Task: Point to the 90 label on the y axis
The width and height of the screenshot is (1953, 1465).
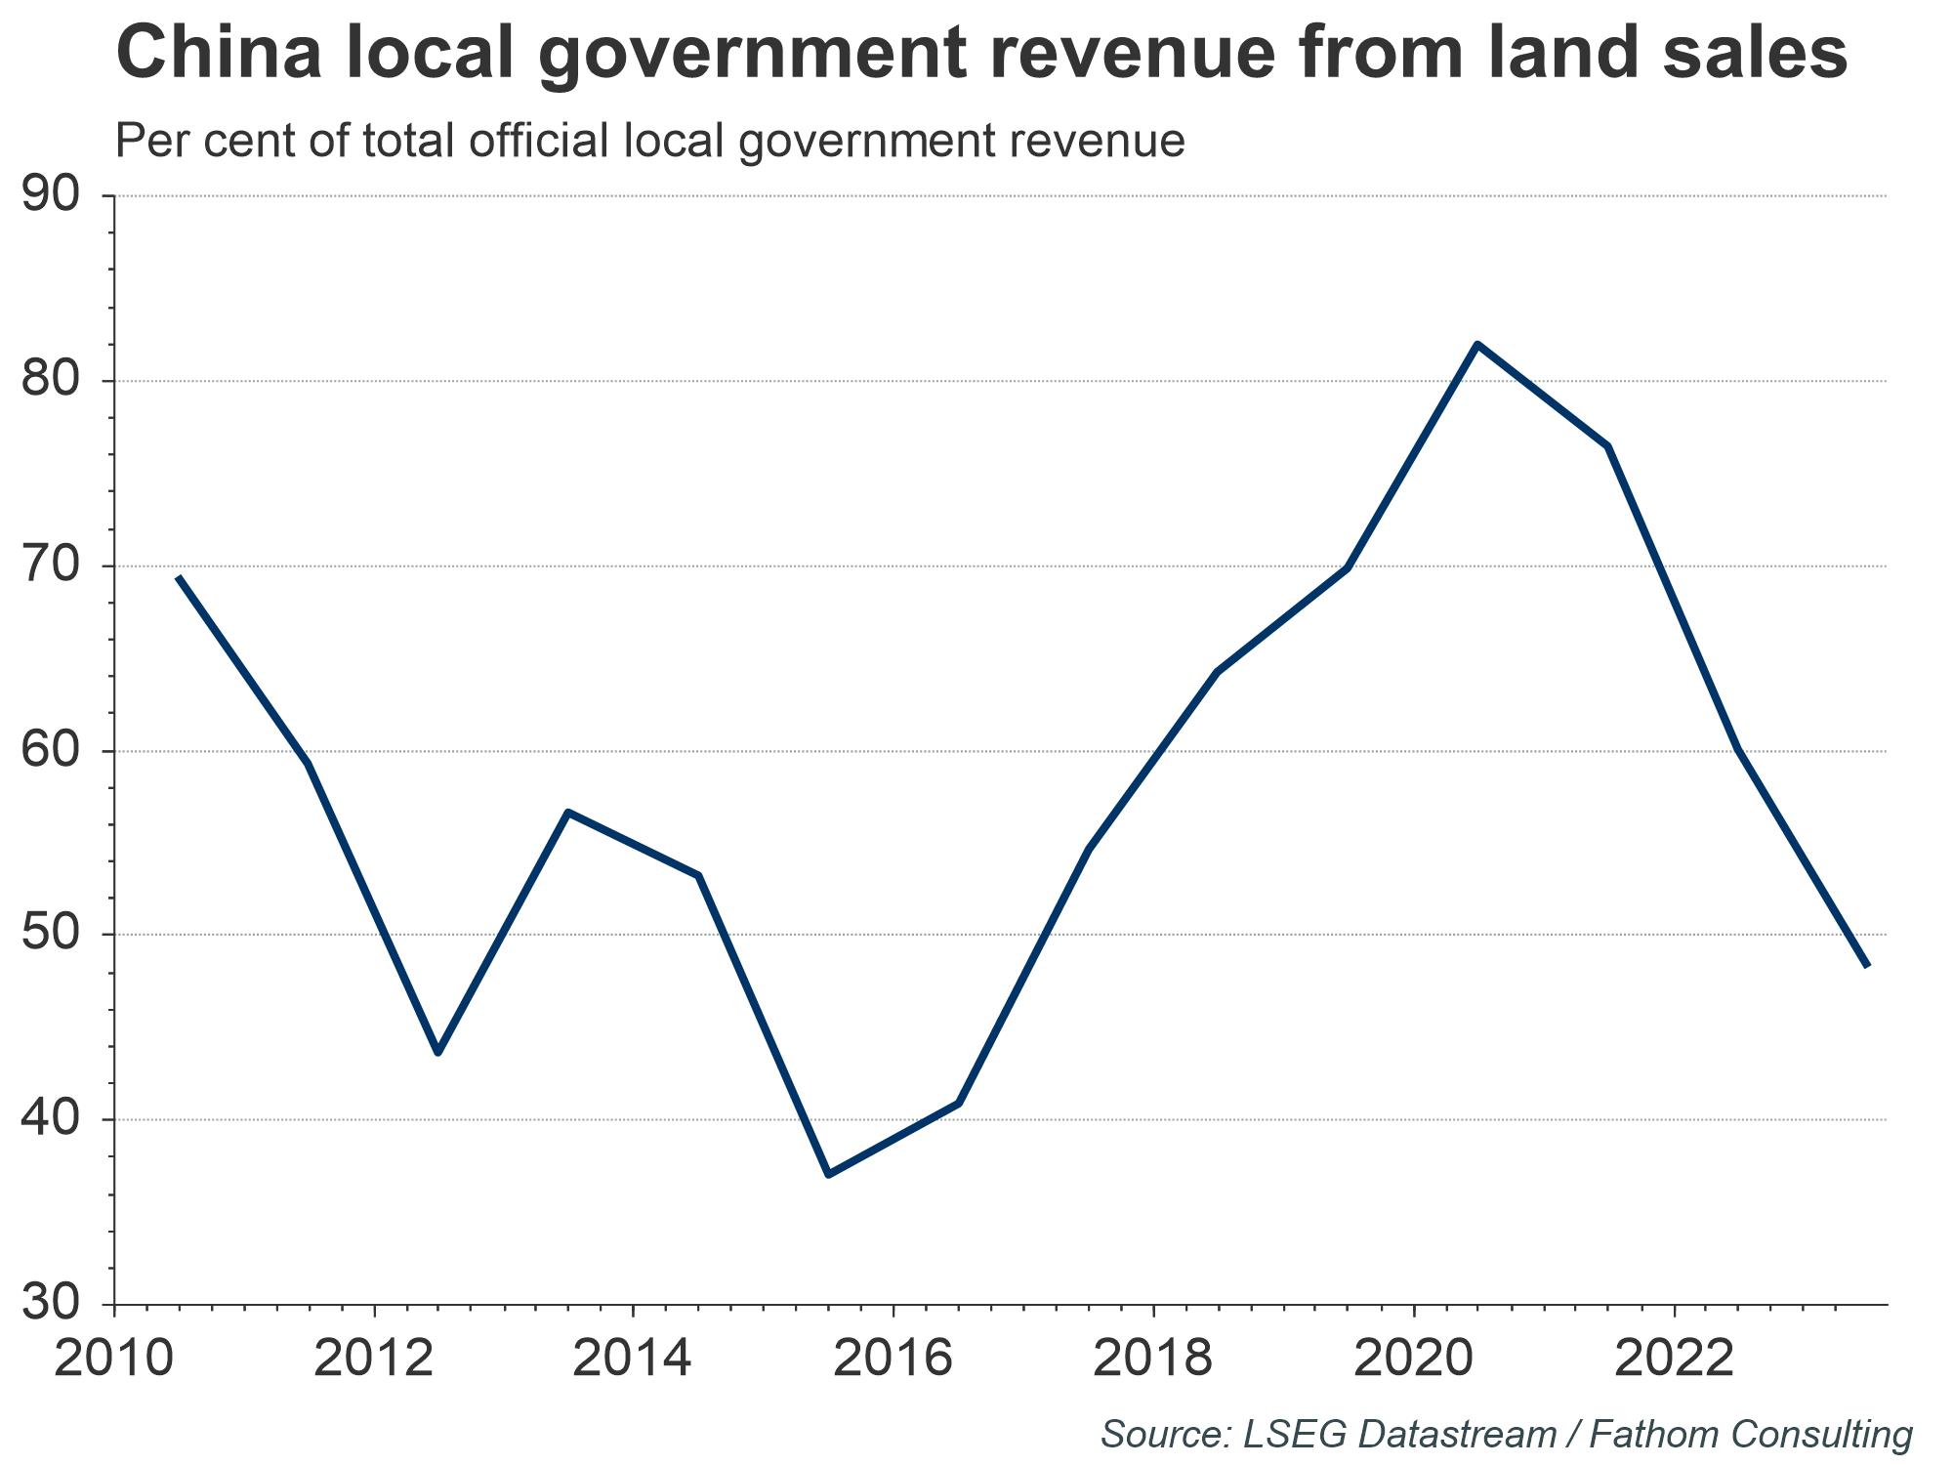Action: pyautogui.click(x=50, y=195)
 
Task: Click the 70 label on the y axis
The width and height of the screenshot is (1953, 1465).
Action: pyautogui.click(x=50, y=565)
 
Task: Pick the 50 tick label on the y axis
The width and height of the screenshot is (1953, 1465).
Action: pyautogui.click(x=50, y=935)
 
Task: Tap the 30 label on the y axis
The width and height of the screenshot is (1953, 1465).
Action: pyautogui.click(x=50, y=1303)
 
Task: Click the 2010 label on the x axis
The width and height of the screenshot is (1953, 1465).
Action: pyautogui.click(x=113, y=1359)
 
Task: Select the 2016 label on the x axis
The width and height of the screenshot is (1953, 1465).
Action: pyautogui.click(x=893, y=1359)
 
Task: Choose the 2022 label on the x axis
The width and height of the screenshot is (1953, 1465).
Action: pyautogui.click(x=1674, y=1359)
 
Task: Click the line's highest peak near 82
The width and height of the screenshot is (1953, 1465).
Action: pyautogui.click(x=1477, y=344)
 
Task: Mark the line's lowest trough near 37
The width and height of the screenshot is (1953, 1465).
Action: pyautogui.click(x=828, y=1174)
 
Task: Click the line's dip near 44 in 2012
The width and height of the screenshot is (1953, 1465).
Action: pyautogui.click(x=437, y=1053)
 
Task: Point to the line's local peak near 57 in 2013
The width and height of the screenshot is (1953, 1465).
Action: pyautogui.click(x=567, y=812)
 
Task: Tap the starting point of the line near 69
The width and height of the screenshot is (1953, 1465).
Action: pyautogui.click(x=179, y=577)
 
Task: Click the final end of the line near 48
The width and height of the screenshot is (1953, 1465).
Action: pyautogui.click(x=1866, y=966)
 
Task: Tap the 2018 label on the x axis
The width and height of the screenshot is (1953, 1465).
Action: pyautogui.click(x=1153, y=1359)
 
